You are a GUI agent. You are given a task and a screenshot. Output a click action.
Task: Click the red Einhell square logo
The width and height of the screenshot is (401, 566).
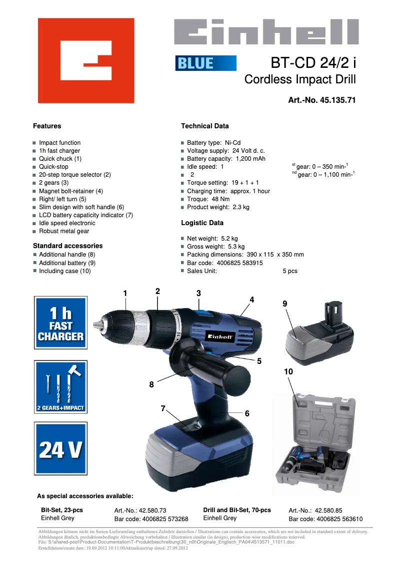coord(86,61)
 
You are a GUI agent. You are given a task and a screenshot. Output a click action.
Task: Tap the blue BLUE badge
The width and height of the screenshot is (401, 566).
coord(205,63)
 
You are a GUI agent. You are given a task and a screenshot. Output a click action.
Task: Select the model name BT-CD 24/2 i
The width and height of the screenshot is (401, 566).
coord(313,63)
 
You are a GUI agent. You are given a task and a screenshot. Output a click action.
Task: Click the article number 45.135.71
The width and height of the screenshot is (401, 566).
coord(338,100)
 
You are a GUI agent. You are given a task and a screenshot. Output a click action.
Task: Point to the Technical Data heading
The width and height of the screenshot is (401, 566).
coord(204,126)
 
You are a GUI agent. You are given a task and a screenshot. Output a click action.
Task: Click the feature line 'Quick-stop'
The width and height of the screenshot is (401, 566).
coord(53,167)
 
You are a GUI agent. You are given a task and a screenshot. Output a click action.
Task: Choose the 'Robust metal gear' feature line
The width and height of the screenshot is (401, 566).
coord(64,231)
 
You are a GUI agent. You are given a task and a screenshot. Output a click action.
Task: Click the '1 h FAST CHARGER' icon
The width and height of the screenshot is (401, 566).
coord(60,325)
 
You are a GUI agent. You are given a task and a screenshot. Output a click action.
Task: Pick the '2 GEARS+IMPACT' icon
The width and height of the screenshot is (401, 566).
coord(60,387)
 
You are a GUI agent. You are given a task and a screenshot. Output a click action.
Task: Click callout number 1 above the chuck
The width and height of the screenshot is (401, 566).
coord(125,293)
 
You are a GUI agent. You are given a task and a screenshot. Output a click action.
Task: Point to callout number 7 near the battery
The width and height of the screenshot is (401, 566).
coord(163,409)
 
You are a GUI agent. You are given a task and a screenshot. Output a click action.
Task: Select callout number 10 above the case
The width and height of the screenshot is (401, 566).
coord(288,372)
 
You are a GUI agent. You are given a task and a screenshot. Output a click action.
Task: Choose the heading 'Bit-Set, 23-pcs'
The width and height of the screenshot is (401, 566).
coord(62,510)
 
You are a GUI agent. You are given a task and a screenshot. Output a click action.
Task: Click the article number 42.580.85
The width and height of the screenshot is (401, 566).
coord(328,511)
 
